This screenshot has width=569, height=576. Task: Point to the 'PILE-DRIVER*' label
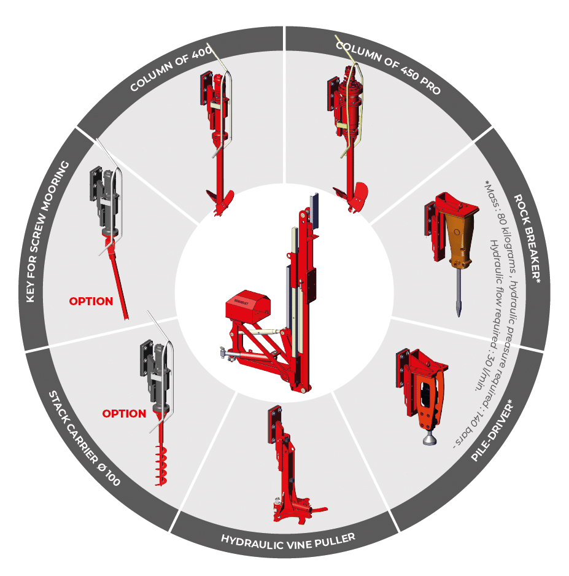click(492, 430)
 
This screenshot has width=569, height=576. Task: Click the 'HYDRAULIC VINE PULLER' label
click(288, 542)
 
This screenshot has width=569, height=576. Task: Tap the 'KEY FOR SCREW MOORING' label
click(47, 232)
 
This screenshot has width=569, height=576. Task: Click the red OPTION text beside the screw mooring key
click(91, 302)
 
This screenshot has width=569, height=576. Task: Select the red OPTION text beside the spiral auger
click(124, 414)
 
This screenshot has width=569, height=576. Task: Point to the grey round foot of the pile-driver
click(430, 440)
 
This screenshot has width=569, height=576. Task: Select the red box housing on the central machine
click(248, 306)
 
